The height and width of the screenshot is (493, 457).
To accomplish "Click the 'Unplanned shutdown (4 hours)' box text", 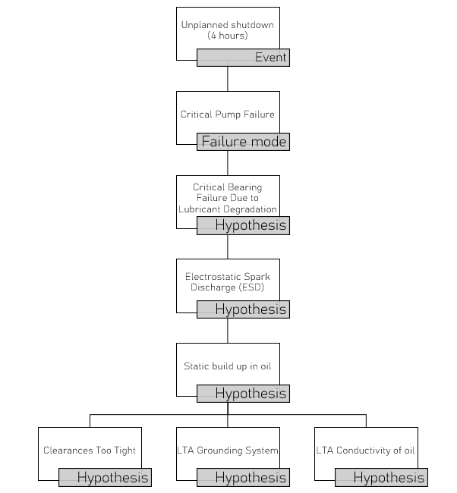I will (228, 30).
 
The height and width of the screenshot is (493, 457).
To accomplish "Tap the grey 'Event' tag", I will (243, 58).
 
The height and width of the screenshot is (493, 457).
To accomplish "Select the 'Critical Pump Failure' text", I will (228, 115).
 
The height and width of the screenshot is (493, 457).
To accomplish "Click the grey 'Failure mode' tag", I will (243, 142).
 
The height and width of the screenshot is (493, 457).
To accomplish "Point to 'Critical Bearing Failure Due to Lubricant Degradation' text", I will (228, 199).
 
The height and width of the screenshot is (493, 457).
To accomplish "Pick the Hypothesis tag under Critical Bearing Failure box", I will (243, 225).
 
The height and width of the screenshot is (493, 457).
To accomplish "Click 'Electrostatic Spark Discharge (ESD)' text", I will (228, 282).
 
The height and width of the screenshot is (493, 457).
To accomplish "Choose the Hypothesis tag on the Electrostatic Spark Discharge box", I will (243, 309).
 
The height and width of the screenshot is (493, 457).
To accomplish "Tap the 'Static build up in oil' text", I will (228, 366).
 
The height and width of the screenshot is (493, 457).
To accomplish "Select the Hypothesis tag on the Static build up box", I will (243, 394).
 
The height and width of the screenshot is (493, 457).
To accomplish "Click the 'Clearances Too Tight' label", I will (90, 451).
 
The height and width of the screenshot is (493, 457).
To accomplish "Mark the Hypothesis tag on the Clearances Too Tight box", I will (105, 478).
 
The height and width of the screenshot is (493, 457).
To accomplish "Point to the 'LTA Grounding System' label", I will (228, 451).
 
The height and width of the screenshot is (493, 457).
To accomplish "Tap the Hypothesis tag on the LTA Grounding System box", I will (243, 478).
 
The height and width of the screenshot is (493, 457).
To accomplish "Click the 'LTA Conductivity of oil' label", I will (366, 451).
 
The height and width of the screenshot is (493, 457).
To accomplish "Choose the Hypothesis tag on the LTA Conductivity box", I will (381, 478).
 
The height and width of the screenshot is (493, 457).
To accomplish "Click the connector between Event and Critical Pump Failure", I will (228, 79).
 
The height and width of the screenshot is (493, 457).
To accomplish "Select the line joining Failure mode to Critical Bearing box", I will (228, 163).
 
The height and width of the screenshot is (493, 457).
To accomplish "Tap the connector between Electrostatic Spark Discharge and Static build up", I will (228, 331).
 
